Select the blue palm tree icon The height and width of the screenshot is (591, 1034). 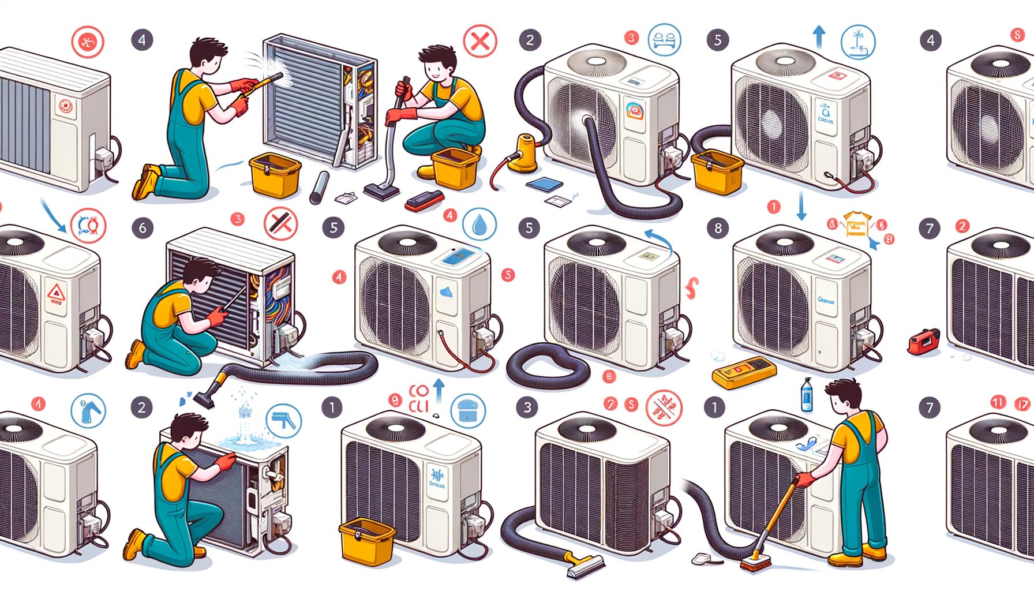(858, 42)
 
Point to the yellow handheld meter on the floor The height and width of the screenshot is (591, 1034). (744, 371)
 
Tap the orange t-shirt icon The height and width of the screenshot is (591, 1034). (856, 224)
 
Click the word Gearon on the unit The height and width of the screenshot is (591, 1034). (826, 301)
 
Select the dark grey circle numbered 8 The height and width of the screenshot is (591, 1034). (718, 228)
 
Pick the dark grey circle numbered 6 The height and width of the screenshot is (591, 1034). (143, 228)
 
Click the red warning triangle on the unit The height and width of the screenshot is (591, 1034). (57, 292)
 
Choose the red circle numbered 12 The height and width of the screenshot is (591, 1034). (1022, 403)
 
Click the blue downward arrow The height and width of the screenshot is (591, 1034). (801, 205)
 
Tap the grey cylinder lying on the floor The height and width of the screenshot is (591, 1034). (319, 188)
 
